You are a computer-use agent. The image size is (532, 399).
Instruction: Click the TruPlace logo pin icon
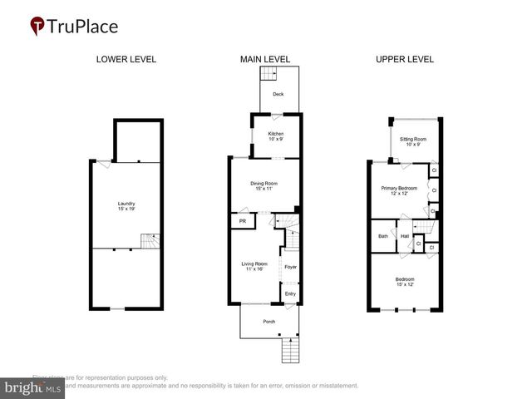37,27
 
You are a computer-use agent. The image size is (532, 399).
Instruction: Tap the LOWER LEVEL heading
126,59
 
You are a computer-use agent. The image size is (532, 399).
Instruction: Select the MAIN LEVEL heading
264,59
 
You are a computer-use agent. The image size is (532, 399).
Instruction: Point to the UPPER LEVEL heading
405,59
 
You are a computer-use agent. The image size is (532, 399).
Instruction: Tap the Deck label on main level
278,94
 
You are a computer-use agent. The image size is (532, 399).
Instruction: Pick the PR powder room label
243,222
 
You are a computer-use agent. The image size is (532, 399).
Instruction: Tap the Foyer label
290,267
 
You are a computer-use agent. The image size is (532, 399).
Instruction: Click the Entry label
290,293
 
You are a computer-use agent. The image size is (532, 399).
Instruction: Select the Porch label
268,322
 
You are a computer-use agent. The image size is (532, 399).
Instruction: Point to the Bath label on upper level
382,236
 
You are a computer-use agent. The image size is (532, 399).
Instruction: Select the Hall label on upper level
405,236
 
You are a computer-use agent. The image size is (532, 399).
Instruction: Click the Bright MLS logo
33,387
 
